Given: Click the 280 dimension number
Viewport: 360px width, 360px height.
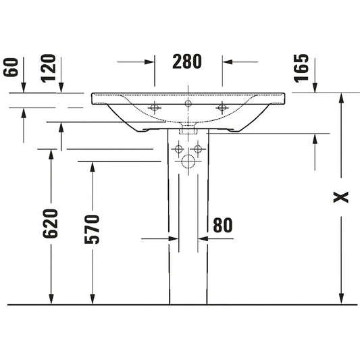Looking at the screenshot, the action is click(187, 61).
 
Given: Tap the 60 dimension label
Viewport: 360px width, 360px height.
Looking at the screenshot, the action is click(11, 68).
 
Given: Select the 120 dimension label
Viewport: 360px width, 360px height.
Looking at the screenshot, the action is click(48, 68).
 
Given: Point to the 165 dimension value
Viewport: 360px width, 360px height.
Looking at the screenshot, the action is click(301, 68).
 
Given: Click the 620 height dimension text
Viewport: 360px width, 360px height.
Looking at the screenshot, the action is click(50, 224).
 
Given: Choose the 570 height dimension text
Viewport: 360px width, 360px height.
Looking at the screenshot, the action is click(92, 229).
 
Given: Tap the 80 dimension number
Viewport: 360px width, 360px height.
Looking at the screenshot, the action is click(223, 225).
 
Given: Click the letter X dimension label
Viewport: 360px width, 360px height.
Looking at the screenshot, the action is click(341, 197).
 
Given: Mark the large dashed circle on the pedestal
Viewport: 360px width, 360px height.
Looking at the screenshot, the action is click(188, 161).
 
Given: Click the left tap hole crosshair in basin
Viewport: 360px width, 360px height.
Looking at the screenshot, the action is click(155, 107).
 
